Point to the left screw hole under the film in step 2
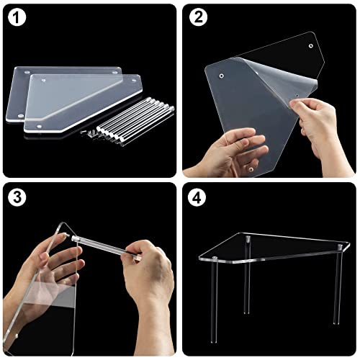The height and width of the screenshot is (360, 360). pyautogui.click(x=222, y=73)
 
